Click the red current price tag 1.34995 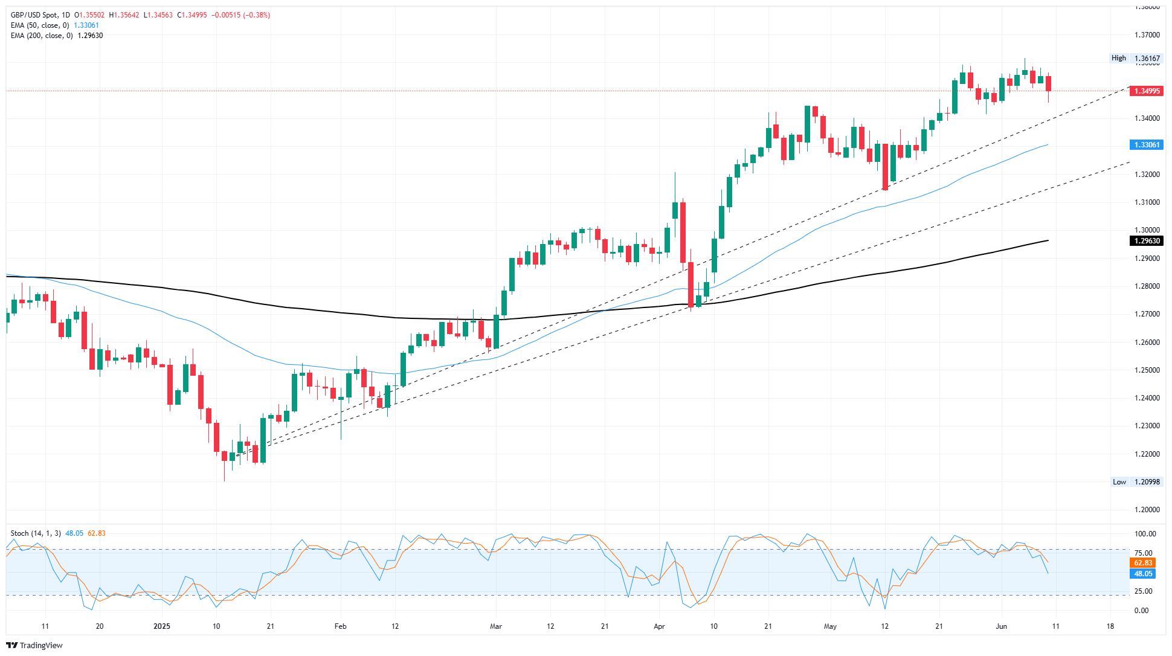point(1147,91)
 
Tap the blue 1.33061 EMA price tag point(1147,145)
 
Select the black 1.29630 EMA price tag point(1147,241)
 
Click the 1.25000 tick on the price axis point(1147,370)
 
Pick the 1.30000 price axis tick point(1147,230)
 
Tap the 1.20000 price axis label point(1147,510)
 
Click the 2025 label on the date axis point(162,626)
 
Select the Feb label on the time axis point(341,626)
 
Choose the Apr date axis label point(659,626)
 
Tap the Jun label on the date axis point(1002,626)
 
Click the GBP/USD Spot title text point(40,15)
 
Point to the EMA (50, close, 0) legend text point(40,25)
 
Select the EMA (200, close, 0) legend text point(42,36)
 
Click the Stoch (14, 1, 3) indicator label point(36,533)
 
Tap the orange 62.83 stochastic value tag point(1143,563)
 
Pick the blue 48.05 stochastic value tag point(1143,574)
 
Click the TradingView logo point(34,645)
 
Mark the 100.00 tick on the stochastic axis point(1145,534)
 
